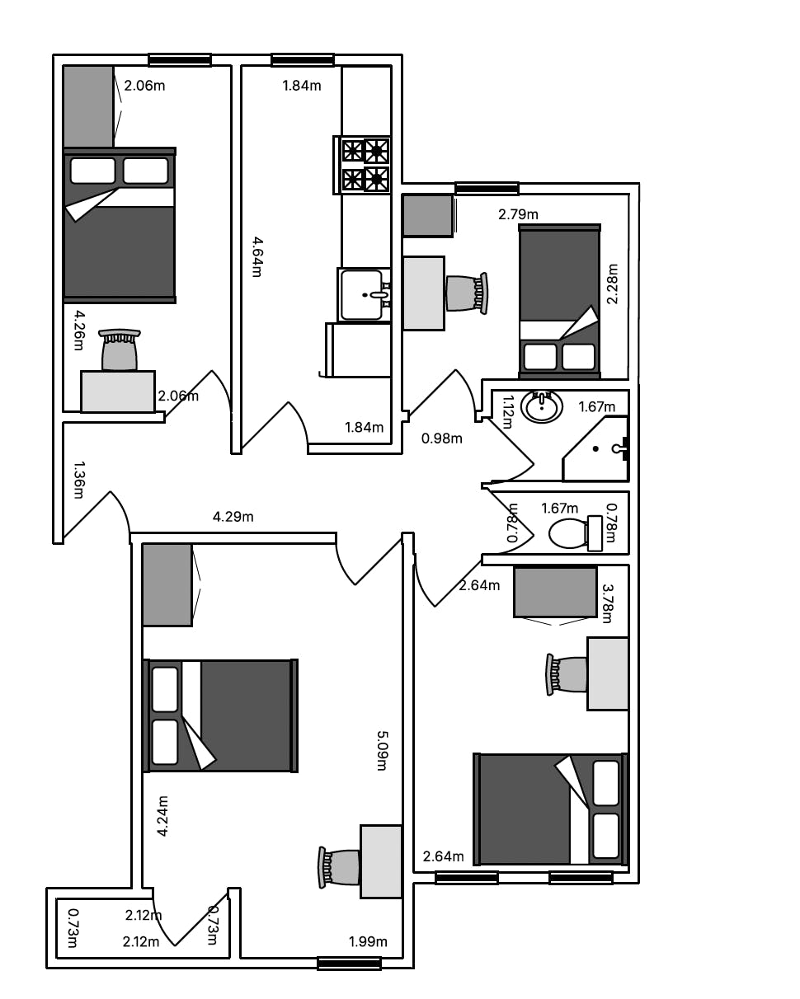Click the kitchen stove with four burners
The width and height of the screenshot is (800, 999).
point(361,165)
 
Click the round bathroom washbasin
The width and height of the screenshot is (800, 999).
point(541,406)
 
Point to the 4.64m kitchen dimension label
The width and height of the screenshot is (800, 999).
point(257,256)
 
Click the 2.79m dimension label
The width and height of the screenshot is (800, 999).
point(518,214)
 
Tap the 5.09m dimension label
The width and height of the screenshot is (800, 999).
point(382,751)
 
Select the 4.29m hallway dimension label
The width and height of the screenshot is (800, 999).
point(233,516)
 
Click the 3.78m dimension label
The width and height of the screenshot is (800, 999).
point(608,603)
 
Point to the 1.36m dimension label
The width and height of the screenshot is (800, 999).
point(79,480)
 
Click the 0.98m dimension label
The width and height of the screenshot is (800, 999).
point(441,439)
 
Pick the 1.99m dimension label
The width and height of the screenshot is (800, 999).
point(368,941)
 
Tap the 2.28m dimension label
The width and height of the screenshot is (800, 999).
point(613,284)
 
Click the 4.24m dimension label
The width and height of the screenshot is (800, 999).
point(162,816)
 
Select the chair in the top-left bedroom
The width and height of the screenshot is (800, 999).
point(120,349)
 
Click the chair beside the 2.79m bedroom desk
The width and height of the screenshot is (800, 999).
point(467,292)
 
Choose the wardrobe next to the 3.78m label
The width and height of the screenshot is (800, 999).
point(555,593)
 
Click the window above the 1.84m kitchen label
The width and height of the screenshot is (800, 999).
point(303,60)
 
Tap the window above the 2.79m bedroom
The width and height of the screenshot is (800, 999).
point(487,188)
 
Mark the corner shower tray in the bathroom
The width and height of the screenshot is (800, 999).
point(595,448)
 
